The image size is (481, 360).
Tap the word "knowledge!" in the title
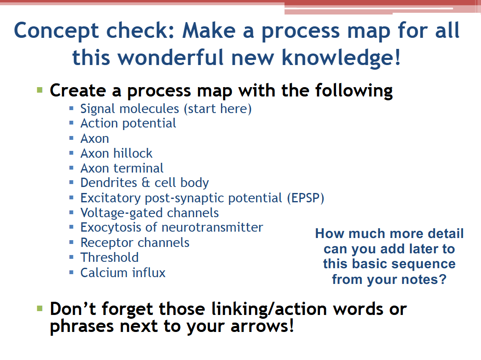click(341, 57)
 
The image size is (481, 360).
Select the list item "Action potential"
click(128, 124)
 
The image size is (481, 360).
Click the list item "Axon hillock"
click(116, 153)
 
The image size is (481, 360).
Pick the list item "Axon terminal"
click(122, 168)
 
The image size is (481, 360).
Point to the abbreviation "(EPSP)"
click(306, 198)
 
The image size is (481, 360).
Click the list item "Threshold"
click(110, 258)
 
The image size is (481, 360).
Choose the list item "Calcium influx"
click(123, 272)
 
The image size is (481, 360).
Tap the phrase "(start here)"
click(218, 109)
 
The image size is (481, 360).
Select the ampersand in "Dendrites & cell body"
click(146, 183)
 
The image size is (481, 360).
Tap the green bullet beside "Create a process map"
click(40, 90)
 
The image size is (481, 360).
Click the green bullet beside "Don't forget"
click(40, 308)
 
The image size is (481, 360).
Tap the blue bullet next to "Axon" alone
click(71, 138)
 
